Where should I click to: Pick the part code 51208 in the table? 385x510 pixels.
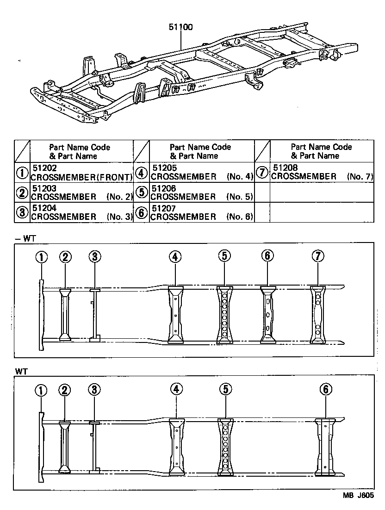pos(285,168)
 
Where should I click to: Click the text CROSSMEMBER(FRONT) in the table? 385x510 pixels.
pos(81,176)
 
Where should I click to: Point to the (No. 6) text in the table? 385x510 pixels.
pos(240,217)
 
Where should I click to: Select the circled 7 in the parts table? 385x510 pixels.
pos(262,172)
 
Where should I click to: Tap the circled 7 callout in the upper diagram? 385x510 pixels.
pos(317,256)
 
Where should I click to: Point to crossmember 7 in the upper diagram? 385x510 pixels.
pos(317,315)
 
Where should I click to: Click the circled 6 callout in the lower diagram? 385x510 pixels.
pos(326,390)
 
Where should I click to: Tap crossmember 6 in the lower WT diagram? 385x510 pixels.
pos(326,447)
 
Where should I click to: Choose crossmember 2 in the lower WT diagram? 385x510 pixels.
pos(64,447)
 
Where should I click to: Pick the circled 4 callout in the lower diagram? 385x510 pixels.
pos(176,390)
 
